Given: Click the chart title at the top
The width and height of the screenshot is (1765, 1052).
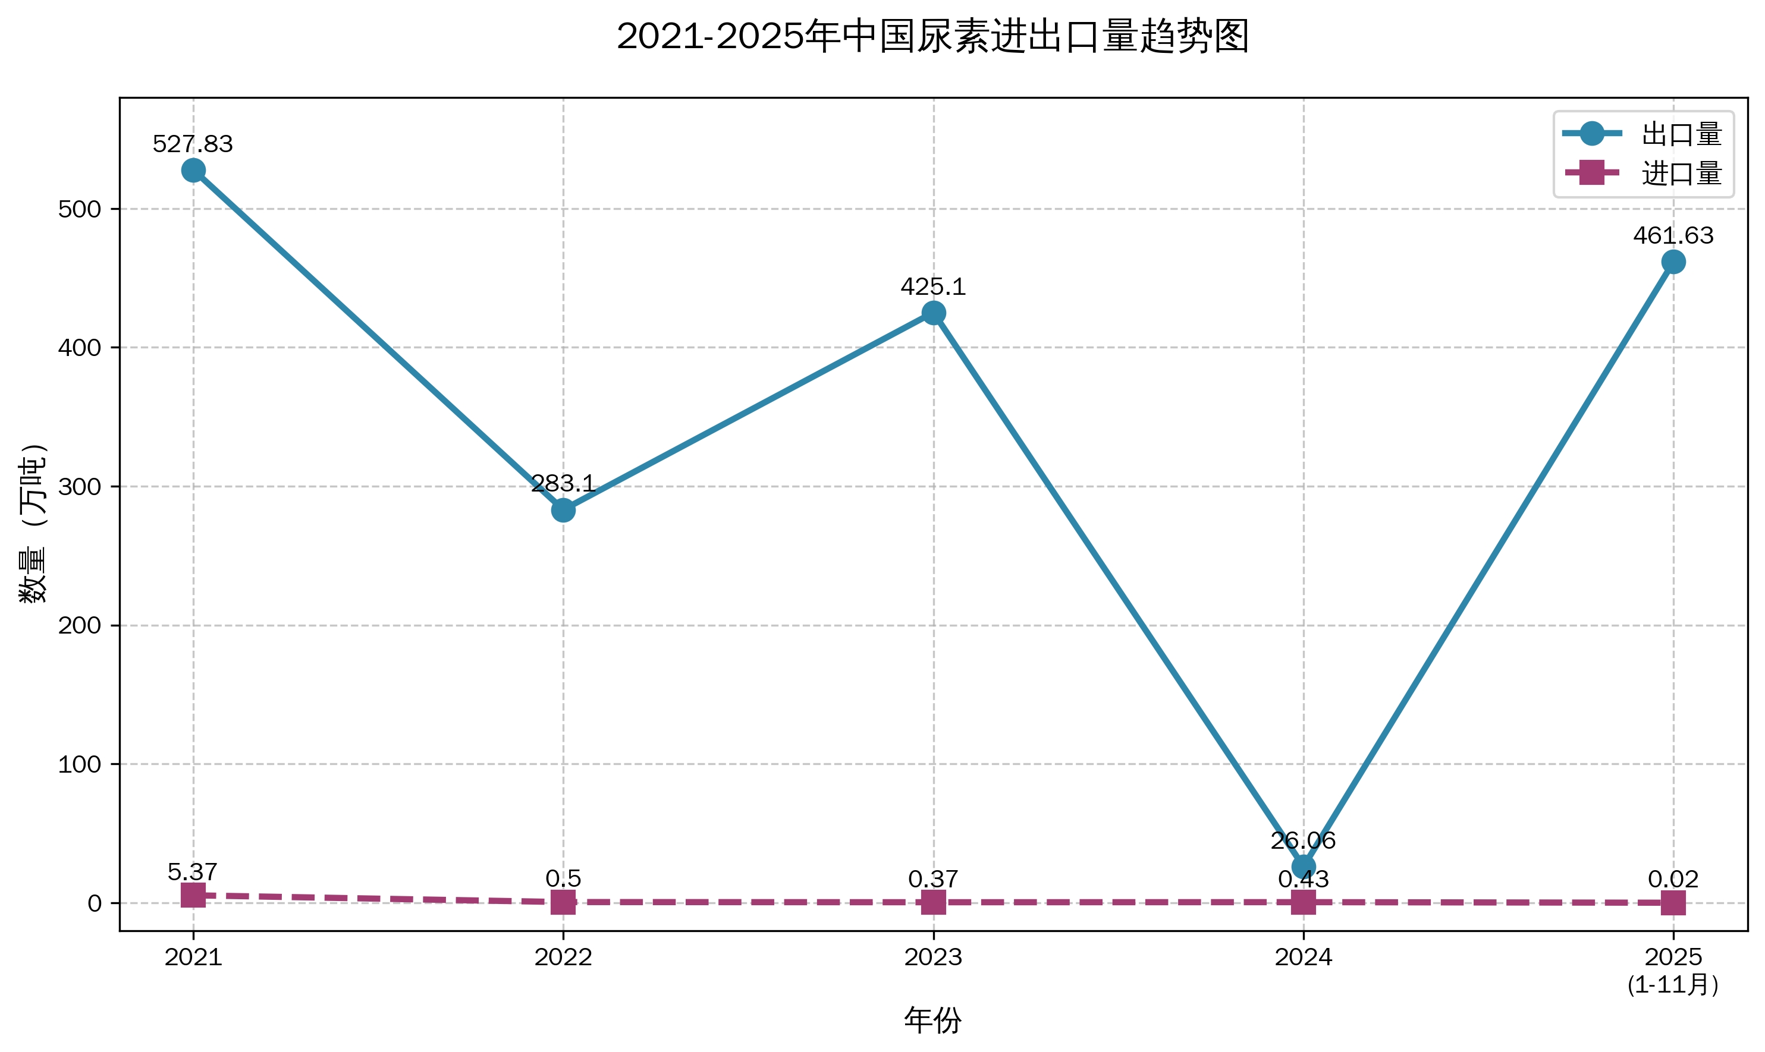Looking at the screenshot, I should pyautogui.click(x=932, y=37).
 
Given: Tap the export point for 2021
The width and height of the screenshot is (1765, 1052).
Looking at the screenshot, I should pyautogui.click(x=194, y=170).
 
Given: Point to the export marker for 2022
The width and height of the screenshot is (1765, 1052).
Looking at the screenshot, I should pyautogui.click(x=563, y=510).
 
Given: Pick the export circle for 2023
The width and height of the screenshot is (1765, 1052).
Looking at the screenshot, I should pyautogui.click(x=933, y=313).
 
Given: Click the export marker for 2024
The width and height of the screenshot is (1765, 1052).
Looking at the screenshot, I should pyautogui.click(x=1304, y=867).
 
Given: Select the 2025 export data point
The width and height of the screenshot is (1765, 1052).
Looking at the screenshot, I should pyautogui.click(x=1673, y=262).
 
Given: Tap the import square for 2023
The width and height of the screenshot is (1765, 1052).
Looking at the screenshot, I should pyautogui.click(x=933, y=902).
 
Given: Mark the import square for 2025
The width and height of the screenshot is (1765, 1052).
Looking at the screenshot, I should pyautogui.click(x=1673, y=903).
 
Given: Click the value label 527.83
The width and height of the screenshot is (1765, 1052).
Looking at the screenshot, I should pyautogui.click(x=193, y=144).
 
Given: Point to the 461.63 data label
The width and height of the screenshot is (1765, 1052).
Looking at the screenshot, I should pyautogui.click(x=1673, y=235).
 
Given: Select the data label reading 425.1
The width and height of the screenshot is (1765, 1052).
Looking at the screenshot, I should pyautogui.click(x=933, y=286).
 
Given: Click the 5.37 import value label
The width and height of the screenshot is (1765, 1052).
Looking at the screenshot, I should pyautogui.click(x=193, y=871).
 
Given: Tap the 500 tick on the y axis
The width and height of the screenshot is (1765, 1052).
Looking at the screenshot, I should pyautogui.click(x=80, y=209).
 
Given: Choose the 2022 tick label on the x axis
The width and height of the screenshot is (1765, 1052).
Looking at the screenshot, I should pyautogui.click(x=563, y=957).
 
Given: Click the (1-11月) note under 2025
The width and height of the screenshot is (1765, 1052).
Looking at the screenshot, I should pyautogui.click(x=1673, y=985).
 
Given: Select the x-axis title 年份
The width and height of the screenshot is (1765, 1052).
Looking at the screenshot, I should pyautogui.click(x=932, y=1021).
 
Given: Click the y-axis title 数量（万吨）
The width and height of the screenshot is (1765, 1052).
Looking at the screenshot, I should pyautogui.click(x=33, y=523).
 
